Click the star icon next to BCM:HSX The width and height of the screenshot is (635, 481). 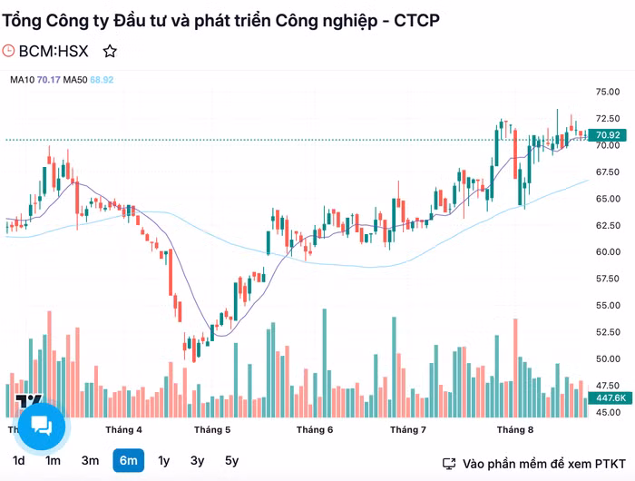coord(110,52)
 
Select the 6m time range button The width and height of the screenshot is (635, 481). coord(128,460)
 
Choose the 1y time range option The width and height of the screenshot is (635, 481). coord(164,460)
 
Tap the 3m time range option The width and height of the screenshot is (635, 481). coord(90,460)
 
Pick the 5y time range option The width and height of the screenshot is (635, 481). coord(232,460)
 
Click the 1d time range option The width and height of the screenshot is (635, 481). coord(18,460)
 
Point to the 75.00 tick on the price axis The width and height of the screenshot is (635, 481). coord(607,92)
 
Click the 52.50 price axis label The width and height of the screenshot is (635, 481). coord(607,332)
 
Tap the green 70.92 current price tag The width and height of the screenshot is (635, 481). coord(607,135)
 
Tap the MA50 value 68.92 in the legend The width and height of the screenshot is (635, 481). coord(102,80)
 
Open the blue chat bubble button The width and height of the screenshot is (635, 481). coord(41,425)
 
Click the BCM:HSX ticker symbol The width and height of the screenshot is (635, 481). coord(54,52)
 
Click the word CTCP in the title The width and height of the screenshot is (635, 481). coord(417,20)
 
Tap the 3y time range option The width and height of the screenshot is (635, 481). coord(198,460)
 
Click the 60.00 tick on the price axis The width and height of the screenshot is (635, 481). coord(607,251)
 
